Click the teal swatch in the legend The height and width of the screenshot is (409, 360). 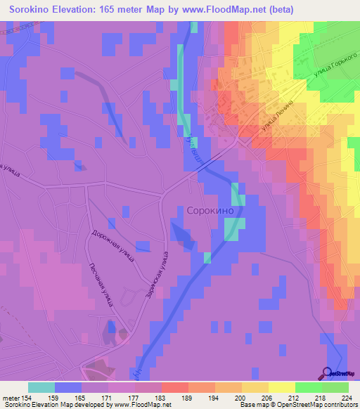[41, 387]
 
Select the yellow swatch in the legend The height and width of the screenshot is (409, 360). [281, 387]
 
